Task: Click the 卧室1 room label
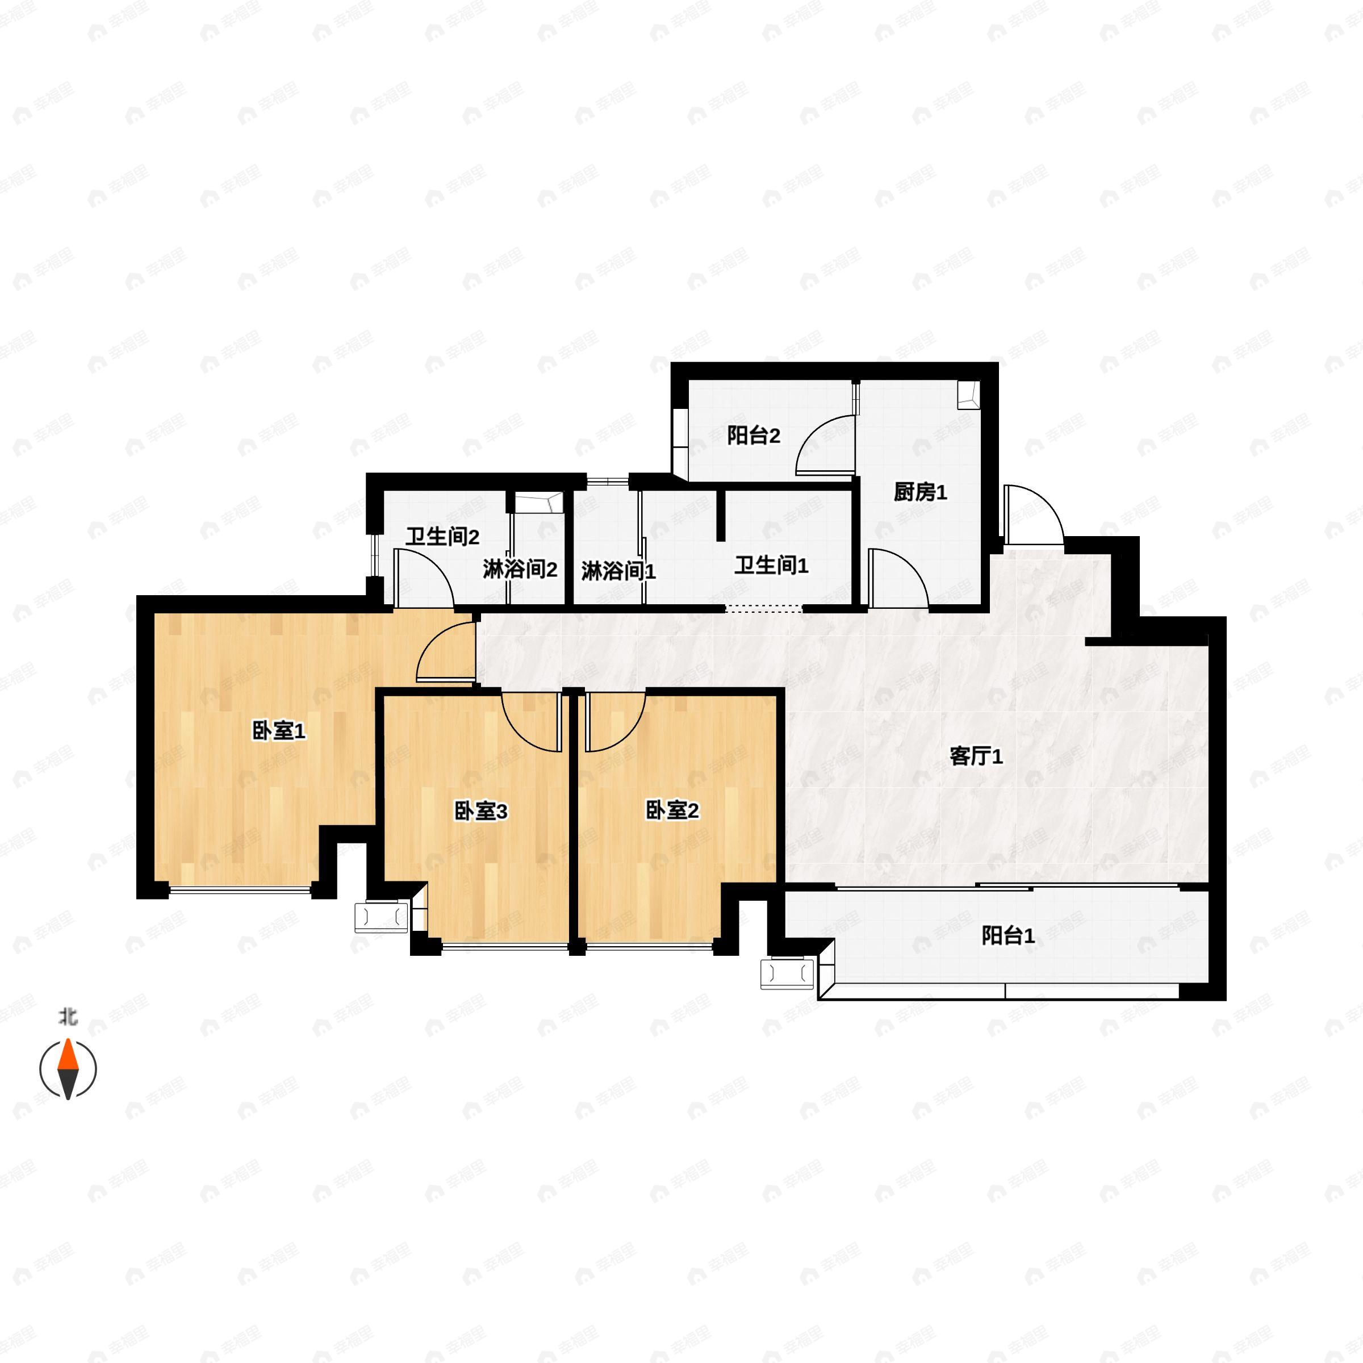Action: click(279, 731)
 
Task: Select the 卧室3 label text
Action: click(480, 812)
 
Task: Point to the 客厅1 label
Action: click(976, 757)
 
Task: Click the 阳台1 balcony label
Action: click(1007, 936)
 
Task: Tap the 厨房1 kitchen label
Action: click(919, 492)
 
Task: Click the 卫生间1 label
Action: click(771, 565)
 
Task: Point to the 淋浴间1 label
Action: click(618, 571)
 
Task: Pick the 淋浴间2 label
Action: click(520, 569)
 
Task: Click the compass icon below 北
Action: click(68, 1069)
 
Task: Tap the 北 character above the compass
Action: click(68, 1017)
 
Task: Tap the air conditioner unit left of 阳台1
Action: click(787, 975)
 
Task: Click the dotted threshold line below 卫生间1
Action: click(764, 609)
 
